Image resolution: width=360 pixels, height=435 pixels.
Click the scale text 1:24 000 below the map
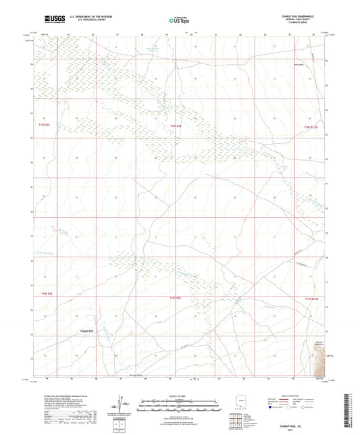179,396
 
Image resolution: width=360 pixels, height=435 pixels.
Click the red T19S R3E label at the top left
44,125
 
